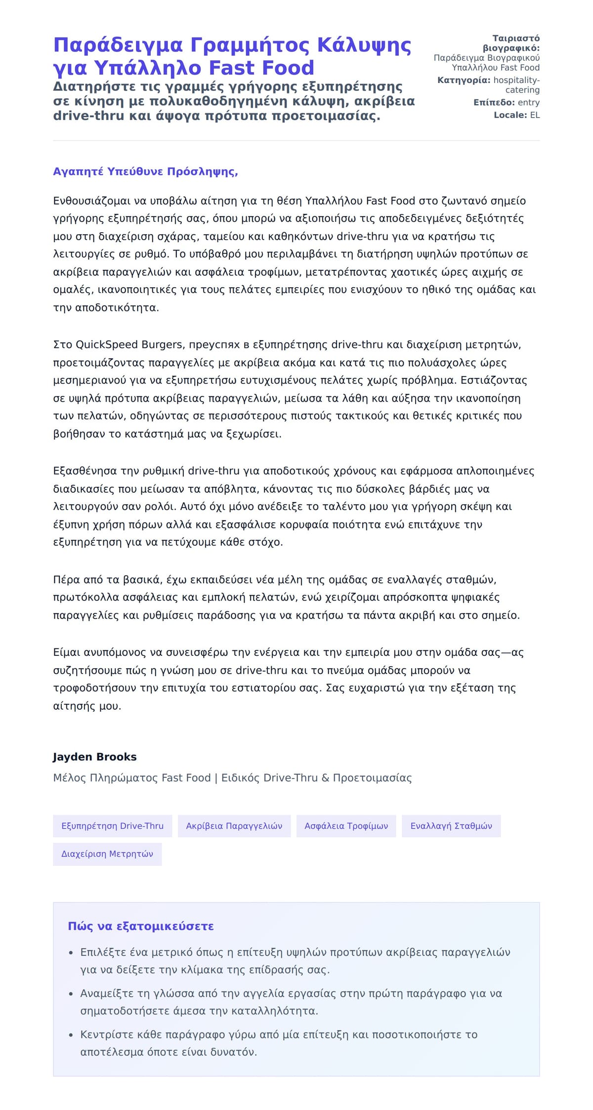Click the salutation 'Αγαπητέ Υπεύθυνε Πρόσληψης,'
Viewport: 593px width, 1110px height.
pos(145,171)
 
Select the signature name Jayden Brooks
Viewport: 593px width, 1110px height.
pos(94,757)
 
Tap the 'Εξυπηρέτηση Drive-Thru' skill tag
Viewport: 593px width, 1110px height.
pos(112,826)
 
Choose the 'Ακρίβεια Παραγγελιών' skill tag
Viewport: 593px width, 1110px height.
pos(234,826)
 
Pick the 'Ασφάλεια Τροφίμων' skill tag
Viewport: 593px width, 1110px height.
pos(346,826)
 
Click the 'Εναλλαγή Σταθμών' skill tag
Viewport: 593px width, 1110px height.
pos(451,826)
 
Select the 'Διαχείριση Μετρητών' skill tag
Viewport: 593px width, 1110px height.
pos(107,854)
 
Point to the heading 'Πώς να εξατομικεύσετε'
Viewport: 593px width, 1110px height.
pos(141,926)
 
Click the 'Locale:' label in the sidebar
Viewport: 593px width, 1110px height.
pos(510,115)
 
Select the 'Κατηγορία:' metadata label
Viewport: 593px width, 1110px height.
pos(464,80)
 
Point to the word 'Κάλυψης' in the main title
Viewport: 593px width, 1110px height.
pos(364,45)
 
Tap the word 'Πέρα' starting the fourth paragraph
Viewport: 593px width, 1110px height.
pos(66,579)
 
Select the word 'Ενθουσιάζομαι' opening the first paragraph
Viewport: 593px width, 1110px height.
pos(92,201)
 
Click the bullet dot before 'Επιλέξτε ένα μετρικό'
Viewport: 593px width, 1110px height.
pos(71,952)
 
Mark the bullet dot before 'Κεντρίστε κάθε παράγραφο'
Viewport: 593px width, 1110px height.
pos(71,1034)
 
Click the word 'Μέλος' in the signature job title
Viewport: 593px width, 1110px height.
pos(69,778)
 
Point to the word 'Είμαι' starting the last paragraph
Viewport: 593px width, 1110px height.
pos(67,652)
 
